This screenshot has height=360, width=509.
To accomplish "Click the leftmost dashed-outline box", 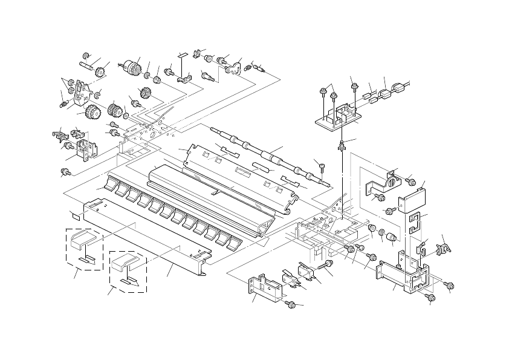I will pos(84,248).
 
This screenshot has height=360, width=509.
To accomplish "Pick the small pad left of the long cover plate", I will pos(76,213).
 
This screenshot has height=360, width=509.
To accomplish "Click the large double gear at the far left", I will pos(92,113).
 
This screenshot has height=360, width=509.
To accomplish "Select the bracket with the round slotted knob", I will pos(386,180).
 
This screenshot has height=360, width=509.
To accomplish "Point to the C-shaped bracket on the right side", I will pos(413,221).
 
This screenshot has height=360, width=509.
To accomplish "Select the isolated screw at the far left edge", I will pos(65,172).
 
